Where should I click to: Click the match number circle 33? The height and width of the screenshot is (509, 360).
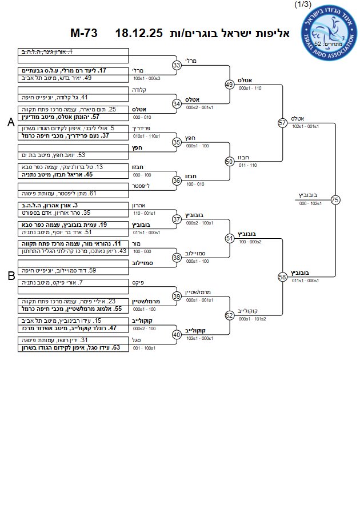[x=177, y=65]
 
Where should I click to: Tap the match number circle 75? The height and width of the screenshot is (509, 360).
[x=335, y=199]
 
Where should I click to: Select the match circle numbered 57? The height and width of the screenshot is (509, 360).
[x=282, y=122]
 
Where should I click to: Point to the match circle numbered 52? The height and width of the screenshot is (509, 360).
[x=230, y=315]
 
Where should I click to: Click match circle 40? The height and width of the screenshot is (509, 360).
[x=177, y=334]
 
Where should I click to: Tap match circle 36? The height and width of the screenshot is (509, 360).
[x=177, y=180]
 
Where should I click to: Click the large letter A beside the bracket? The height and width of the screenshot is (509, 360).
[x=11, y=122]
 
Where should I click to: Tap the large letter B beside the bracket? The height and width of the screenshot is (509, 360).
[x=11, y=276]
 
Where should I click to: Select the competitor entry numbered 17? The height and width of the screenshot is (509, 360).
[x=74, y=70]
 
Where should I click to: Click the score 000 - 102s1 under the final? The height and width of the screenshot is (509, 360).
[x=310, y=203]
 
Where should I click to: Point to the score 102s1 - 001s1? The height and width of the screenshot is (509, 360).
[x=302, y=126]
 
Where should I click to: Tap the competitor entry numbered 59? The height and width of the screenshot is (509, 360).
[x=73, y=270]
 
